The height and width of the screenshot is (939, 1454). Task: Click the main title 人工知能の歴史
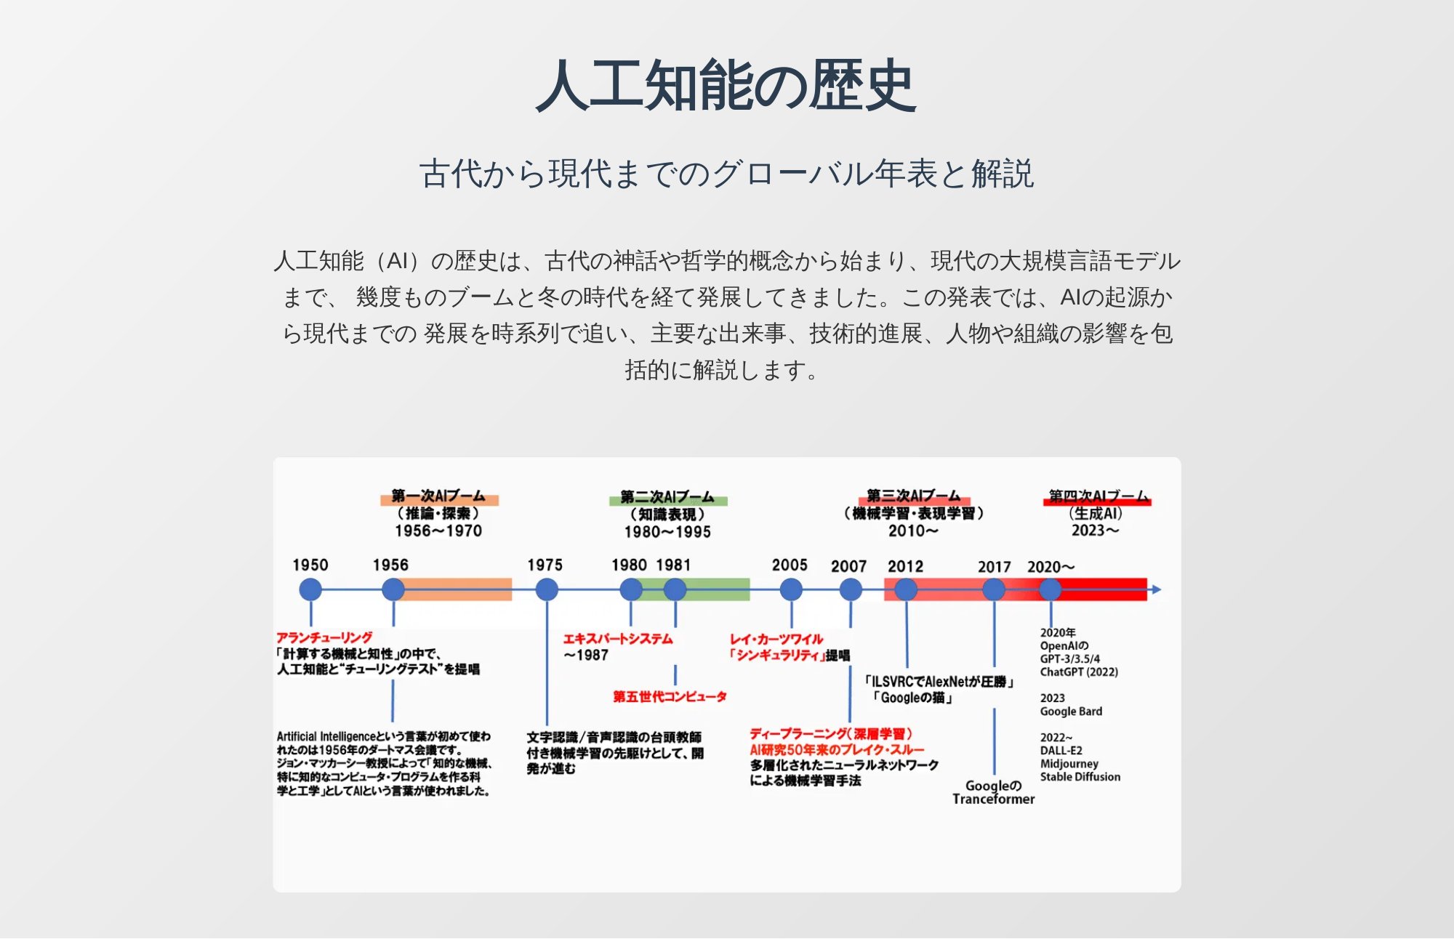tap(726, 86)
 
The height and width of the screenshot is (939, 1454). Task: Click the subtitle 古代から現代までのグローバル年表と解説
tap(726, 174)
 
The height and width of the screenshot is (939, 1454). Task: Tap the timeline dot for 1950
tap(310, 589)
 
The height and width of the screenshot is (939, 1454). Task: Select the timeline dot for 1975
tap(547, 589)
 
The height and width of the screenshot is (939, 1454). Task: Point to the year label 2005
tap(790, 565)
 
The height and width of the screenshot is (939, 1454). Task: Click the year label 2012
tap(905, 567)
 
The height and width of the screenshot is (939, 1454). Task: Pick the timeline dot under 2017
tap(994, 589)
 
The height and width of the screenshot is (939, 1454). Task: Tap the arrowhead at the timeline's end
tap(1157, 589)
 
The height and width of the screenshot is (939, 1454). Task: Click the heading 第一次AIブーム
tap(438, 496)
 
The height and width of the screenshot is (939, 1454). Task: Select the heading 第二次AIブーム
tap(667, 498)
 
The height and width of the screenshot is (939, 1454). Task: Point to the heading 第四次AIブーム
tap(1098, 496)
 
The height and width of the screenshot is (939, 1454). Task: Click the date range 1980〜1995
tap(667, 532)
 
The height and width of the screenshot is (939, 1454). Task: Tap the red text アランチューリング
tap(324, 637)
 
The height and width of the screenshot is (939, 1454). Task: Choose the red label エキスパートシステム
tap(618, 639)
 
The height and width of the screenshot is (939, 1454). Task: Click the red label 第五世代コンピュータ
tap(670, 696)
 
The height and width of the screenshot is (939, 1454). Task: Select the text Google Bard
tap(1071, 712)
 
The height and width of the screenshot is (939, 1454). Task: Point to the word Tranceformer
tap(993, 799)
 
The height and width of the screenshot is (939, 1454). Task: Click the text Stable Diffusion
tap(1080, 777)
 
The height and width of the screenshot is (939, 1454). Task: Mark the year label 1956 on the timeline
tap(390, 565)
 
